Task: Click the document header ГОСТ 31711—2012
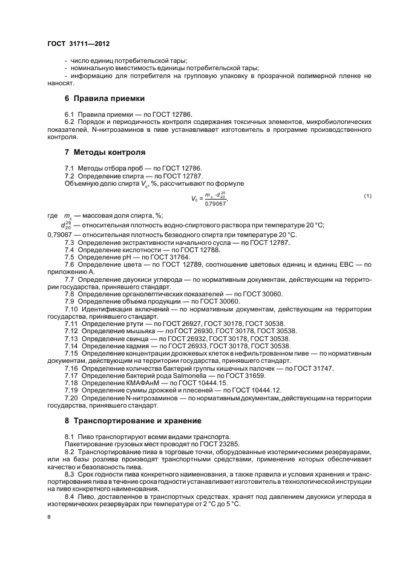(79, 44)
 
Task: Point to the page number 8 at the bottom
(49, 517)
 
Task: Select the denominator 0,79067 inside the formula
(215, 204)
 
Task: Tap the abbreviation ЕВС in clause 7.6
(343, 264)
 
